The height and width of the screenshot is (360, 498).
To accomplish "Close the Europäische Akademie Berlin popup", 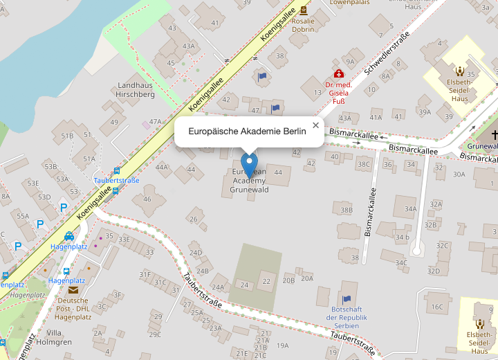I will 315,125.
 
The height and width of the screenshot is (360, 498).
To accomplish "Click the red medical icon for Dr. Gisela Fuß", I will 339,73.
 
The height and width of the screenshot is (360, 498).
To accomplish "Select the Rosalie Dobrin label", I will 303,26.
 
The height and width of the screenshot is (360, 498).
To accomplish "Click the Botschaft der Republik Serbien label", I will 346,316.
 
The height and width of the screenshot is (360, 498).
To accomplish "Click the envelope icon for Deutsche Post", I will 73,289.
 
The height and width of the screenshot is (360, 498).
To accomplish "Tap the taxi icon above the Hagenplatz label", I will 68,236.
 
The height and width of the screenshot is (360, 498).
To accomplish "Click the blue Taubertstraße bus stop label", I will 116,181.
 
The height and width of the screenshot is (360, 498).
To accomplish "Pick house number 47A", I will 155,121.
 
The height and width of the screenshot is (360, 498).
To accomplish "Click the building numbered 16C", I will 437,307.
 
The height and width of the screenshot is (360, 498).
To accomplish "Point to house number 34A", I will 411,208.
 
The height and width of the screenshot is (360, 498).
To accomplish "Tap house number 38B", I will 347,209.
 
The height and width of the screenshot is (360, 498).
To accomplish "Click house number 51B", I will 67,136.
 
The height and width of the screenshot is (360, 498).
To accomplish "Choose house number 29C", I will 154,334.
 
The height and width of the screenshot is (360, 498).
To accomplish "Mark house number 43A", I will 189,46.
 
